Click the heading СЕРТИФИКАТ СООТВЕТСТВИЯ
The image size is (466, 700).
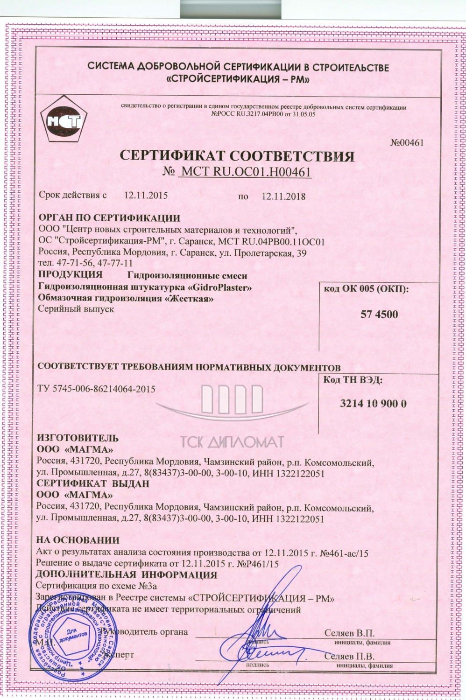click(237, 155)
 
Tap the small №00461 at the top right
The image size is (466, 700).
click(406, 143)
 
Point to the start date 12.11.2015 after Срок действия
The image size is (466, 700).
click(146, 196)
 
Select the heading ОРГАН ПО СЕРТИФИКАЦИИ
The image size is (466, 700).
click(109, 218)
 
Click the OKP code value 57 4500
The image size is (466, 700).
click(379, 314)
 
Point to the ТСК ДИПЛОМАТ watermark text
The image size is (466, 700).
click(232, 441)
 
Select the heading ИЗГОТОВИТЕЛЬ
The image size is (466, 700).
click(78, 438)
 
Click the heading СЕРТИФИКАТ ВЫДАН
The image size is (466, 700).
click(93, 483)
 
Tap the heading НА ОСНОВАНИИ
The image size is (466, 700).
click(78, 540)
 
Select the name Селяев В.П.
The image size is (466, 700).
click(349, 633)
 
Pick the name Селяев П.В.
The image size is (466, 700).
click(349, 656)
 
